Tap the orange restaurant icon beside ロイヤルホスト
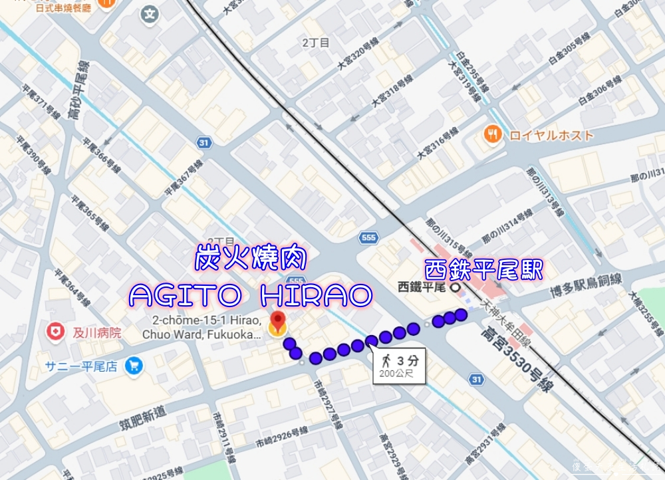493,135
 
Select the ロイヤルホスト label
551,136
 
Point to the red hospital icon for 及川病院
55,331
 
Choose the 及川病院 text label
96,332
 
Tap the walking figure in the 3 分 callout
386,361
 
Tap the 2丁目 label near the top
316,43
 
